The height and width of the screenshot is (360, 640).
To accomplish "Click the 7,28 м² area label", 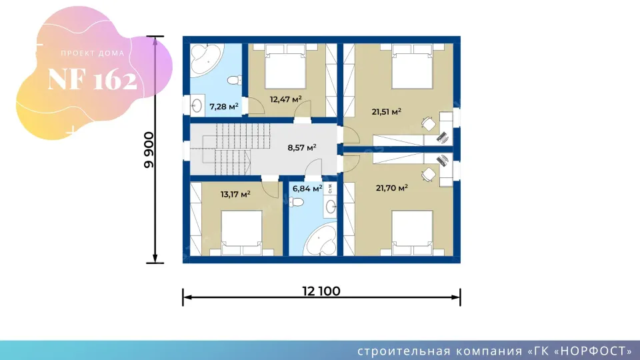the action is [x=224, y=107].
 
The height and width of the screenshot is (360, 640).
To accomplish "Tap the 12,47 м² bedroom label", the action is [x=286, y=99].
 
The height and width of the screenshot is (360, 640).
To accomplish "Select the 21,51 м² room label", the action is [x=386, y=111].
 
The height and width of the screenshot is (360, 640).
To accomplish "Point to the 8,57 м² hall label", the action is [x=301, y=147].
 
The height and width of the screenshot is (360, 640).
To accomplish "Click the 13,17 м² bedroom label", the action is [x=235, y=194].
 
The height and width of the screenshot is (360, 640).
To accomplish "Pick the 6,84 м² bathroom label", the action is [x=307, y=188].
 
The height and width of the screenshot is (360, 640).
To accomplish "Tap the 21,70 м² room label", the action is [x=392, y=188].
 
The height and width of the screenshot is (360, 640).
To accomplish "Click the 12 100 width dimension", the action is [x=321, y=291].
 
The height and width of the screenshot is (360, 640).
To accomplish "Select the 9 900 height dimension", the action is [x=149, y=150].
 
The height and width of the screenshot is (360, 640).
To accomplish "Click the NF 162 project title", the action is [x=92, y=79].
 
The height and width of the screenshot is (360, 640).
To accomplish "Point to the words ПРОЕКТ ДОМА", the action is [x=93, y=53].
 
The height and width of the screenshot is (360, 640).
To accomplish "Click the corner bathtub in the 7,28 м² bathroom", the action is [x=207, y=60].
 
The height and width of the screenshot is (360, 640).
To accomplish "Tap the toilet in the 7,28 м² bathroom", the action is [x=234, y=79].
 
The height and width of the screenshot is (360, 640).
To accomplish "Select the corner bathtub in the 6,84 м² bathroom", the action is [x=321, y=239].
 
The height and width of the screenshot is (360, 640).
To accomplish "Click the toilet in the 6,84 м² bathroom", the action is [x=296, y=202].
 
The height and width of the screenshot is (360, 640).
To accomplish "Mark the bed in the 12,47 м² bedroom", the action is [x=285, y=67].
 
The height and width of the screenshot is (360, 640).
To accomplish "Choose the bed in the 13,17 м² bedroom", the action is [x=241, y=233].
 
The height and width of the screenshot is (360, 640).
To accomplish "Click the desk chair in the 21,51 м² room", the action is [x=428, y=124].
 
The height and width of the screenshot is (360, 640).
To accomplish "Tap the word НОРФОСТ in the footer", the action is [x=593, y=351].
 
